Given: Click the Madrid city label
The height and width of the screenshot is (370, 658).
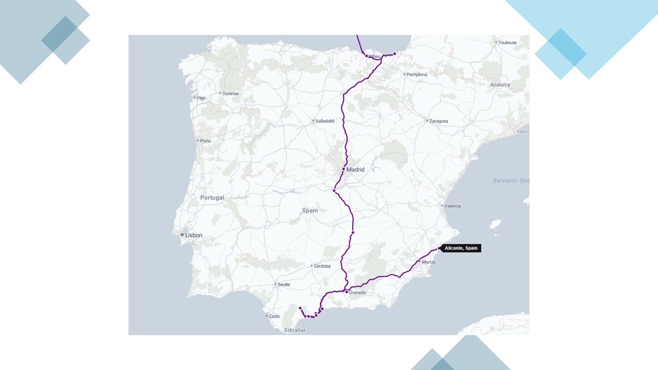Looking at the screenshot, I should tap(355, 170).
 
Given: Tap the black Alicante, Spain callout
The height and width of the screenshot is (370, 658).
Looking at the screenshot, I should tap(461, 248).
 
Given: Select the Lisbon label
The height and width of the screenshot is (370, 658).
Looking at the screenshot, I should tap(194, 235).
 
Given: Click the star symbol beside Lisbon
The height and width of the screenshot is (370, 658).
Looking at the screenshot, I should tap(182, 235).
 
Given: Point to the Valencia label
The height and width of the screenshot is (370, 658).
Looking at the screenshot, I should tap(452, 206).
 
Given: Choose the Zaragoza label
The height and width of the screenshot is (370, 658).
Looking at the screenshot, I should tap(438, 121).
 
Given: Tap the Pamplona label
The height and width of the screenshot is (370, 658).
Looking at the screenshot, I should tap(416, 75).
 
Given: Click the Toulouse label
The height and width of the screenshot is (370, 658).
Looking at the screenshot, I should tap(507, 43).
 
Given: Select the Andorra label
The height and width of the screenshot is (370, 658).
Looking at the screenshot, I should tap(500, 85).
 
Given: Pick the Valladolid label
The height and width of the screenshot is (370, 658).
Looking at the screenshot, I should tap(324, 121).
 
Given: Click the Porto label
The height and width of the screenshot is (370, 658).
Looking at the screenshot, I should tap(206, 141).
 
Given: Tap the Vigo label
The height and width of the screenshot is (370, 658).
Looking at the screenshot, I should tap(201, 98).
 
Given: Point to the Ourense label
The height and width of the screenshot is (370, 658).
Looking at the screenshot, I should tap(230, 94).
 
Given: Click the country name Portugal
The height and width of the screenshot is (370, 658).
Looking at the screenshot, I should tap(212, 198).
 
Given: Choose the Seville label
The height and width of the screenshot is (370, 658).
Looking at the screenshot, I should tap(284, 285).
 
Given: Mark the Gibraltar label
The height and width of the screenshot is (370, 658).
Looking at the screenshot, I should tap(295, 330).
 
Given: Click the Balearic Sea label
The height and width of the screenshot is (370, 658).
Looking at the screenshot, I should tap(510, 181).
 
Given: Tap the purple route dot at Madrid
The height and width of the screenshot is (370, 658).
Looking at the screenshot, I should tap(343, 169).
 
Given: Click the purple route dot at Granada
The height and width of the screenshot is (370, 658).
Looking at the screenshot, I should tap(346, 292).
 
